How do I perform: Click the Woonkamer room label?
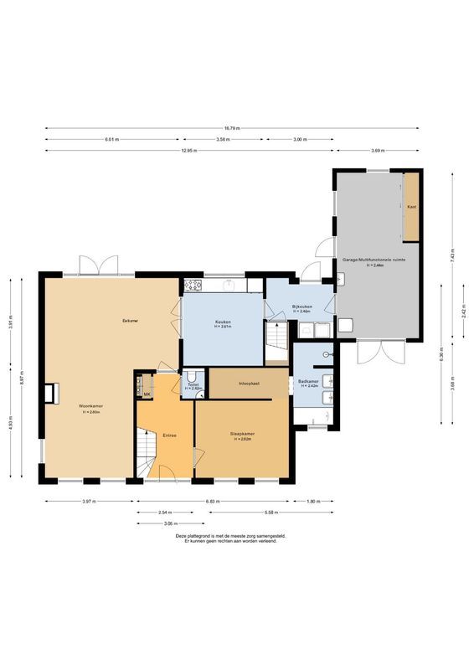click(x=91, y=405)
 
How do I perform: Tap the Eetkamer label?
click(x=130, y=320)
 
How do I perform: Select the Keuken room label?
click(x=223, y=322)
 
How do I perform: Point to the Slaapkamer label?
click(x=243, y=433)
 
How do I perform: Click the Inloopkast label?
click(x=250, y=383)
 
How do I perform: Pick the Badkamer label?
click(x=308, y=381)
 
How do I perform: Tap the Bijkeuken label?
click(x=302, y=307)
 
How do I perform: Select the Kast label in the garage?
click(x=411, y=206)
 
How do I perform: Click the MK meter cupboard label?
click(x=147, y=394)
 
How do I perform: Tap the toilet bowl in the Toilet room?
click(x=192, y=375)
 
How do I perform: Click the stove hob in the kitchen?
click(x=193, y=284)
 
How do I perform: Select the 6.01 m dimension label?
click(x=111, y=139)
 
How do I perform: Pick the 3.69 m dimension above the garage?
click(x=378, y=151)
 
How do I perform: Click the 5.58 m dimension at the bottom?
click(x=248, y=512)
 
